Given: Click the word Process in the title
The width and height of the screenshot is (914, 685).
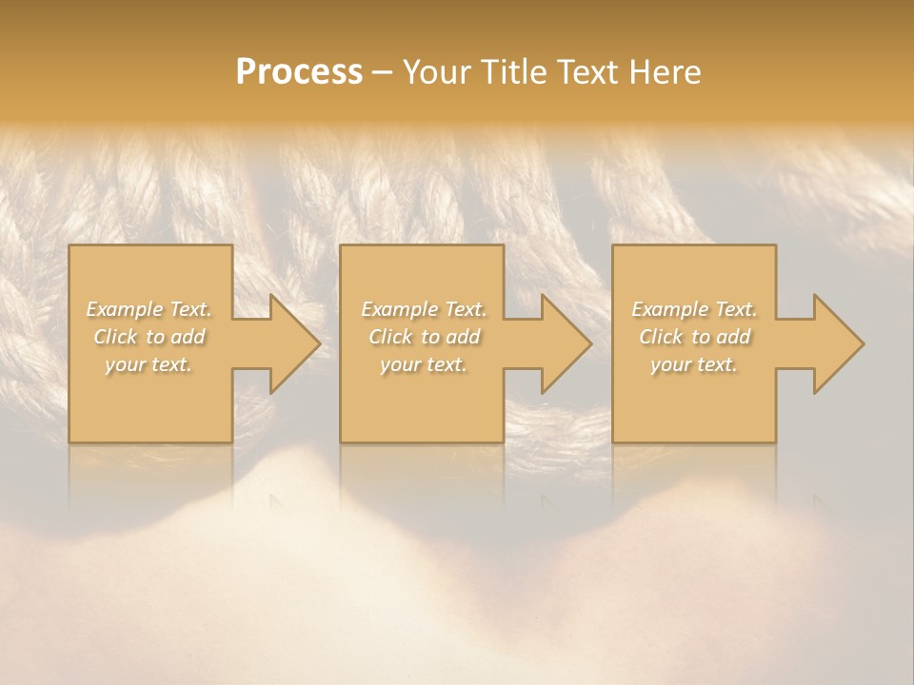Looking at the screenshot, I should tap(299, 72).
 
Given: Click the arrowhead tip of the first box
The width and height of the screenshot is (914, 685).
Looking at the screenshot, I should tap(319, 343).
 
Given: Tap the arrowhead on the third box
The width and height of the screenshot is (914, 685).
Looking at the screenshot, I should tap(863, 343).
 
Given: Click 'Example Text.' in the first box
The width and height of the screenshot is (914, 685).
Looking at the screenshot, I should tap(149, 309).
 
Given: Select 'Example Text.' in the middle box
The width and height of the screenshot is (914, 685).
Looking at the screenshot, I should tap(423, 309).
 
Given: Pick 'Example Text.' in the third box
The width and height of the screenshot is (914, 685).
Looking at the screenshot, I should tap(694, 309).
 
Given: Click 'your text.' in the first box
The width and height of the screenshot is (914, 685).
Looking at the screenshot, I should tap(149, 364).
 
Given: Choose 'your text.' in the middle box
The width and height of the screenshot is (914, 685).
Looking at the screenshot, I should tap(423, 364).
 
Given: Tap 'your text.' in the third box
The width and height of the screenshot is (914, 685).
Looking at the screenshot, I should tap(694, 364).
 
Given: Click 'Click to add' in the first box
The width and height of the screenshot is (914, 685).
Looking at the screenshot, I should tap(149, 337).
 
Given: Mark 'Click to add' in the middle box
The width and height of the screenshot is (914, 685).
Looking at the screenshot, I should tap(423, 337).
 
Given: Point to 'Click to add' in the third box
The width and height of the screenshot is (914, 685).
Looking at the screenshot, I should tap(694, 337).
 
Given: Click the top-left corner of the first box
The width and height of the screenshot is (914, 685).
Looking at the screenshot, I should tap(70, 245).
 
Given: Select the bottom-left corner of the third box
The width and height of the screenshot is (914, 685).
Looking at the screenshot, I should tap(613, 441).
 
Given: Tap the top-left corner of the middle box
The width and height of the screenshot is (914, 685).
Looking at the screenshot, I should tap(341, 245).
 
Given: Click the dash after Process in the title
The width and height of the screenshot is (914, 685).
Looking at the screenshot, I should tap(382, 73).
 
